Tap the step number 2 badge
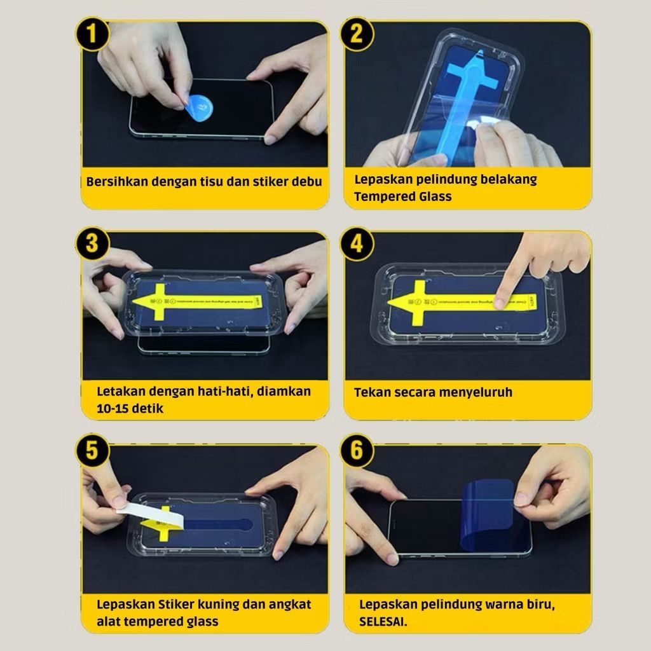tap(357, 34)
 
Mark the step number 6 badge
tap(357, 453)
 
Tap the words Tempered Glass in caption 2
tap(402, 196)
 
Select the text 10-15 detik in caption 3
tap(130, 408)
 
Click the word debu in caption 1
tap(307, 181)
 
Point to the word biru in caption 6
tap(540, 604)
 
